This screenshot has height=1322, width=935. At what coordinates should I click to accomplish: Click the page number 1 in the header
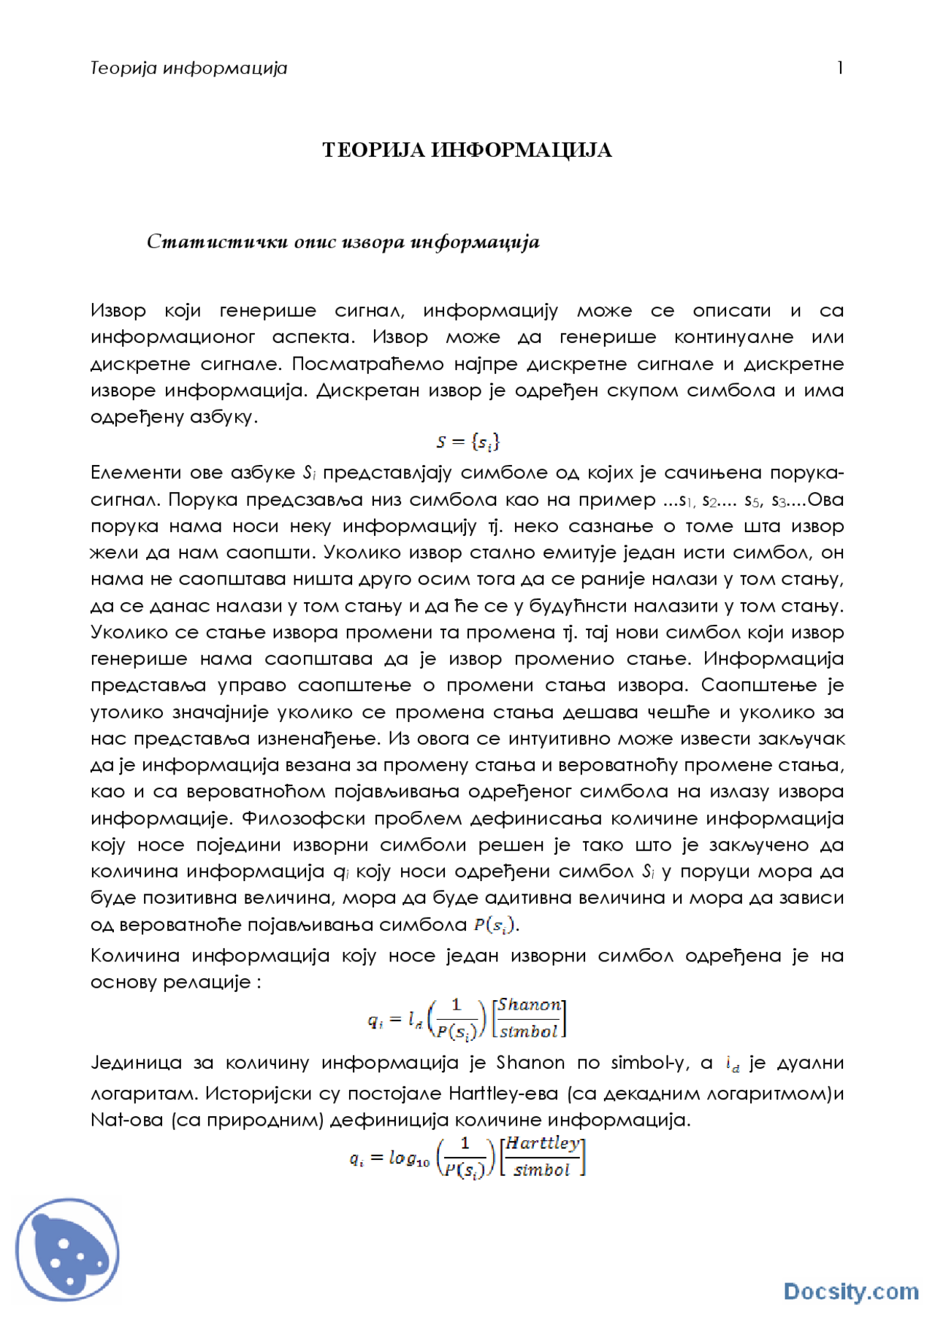[x=840, y=68]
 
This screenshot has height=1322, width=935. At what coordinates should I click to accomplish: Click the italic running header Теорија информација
[x=188, y=69]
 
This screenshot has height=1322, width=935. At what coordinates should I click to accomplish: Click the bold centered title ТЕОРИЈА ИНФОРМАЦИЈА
[x=467, y=150]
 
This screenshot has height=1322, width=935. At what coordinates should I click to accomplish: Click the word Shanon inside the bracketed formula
[x=530, y=1005]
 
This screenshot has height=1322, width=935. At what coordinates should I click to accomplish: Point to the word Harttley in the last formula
[x=543, y=1143]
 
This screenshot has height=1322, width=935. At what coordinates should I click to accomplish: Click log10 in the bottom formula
[x=408, y=1158]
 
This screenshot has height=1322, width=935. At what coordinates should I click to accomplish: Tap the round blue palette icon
[x=67, y=1249]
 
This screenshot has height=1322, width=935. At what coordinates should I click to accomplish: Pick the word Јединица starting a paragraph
[x=136, y=1063]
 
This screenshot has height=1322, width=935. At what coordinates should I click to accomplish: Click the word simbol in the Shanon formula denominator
[x=529, y=1031]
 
